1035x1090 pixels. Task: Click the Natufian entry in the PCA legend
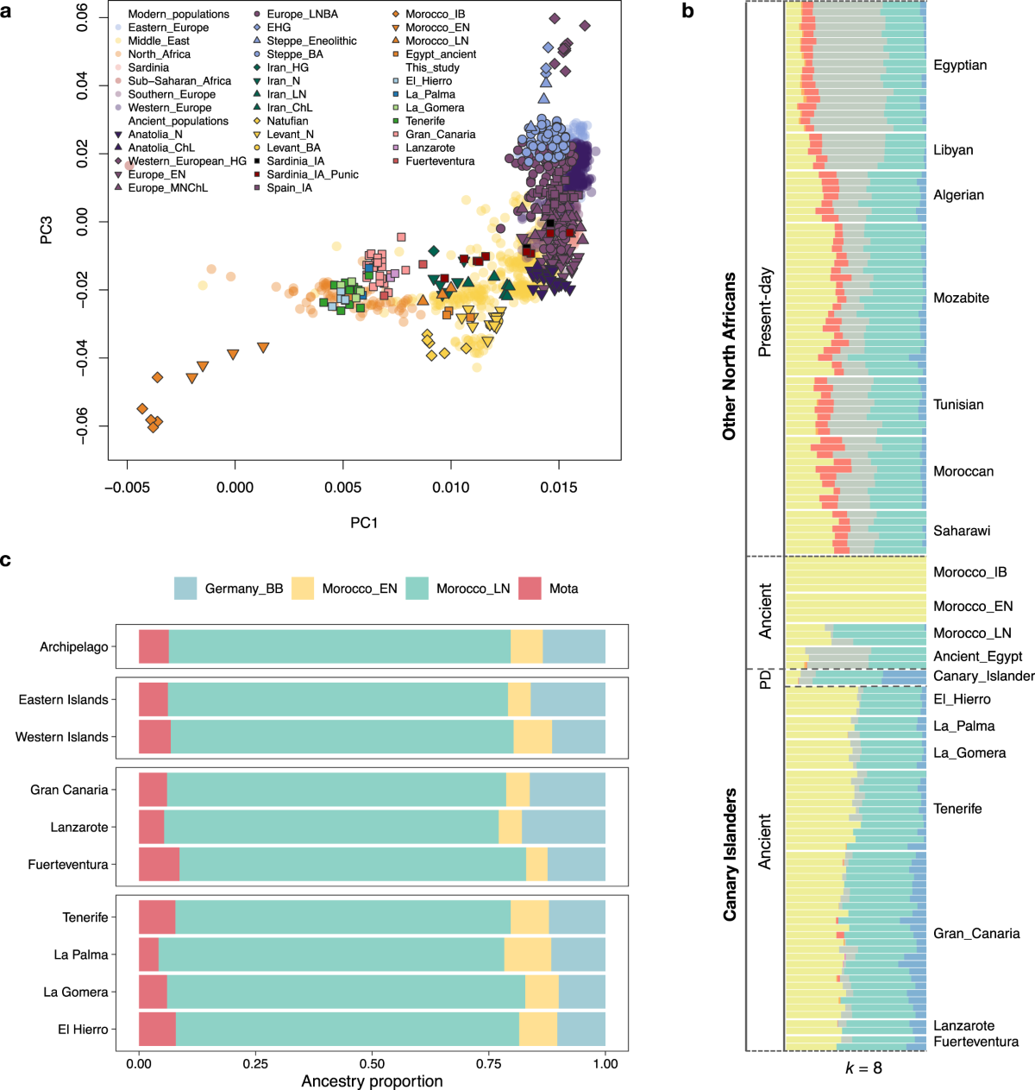pos(287,121)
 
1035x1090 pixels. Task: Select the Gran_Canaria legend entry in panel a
pos(440,135)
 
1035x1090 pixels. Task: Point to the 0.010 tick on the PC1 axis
pos(450,488)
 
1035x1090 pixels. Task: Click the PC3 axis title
pos(47,230)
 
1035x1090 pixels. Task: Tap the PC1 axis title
pos(363,523)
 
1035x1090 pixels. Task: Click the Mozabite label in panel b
pos(961,299)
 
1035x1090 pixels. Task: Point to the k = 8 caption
pos(863,1068)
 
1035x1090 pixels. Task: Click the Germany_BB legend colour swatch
pos(185,589)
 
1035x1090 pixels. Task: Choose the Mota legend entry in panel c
pos(563,589)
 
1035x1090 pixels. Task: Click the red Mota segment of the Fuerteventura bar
pos(159,865)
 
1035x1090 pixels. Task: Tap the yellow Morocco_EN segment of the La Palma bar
pos(527,955)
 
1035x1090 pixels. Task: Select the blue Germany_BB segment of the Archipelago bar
pos(574,646)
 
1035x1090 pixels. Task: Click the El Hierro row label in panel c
pos(83,1030)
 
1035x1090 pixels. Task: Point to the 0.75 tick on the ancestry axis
pos(489,1063)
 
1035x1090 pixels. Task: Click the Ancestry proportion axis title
pos(372,1081)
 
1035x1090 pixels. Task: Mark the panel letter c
pos(6,561)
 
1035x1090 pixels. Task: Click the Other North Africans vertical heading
pos(730,356)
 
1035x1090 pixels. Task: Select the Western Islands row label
pos(62,737)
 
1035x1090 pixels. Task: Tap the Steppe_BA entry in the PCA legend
pos(295,54)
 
